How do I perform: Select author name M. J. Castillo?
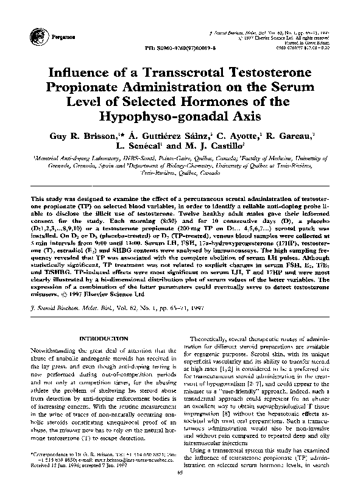pyautogui.click(x=212, y=146)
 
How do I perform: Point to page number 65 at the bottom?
pyautogui.click(x=180, y=488)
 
